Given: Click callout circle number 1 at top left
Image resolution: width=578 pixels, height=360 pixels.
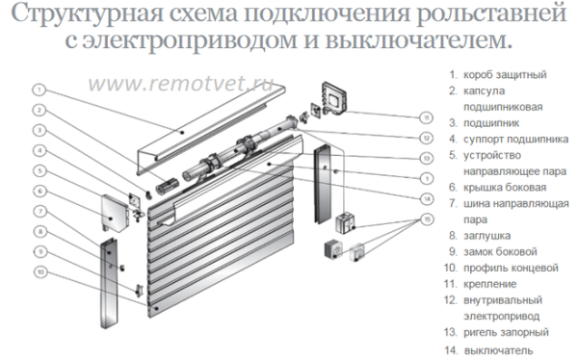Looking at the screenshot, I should tap(39, 89).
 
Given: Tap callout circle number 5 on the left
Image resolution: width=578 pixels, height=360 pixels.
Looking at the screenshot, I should tap(39, 170).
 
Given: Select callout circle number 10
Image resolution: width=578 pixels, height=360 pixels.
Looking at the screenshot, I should tap(39, 271).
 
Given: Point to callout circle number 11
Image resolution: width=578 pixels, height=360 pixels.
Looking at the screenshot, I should tap(425, 117).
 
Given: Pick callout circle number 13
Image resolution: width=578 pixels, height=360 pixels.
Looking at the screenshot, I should tap(425, 158).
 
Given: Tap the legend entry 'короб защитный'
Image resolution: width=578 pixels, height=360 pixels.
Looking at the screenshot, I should tap(507, 73).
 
